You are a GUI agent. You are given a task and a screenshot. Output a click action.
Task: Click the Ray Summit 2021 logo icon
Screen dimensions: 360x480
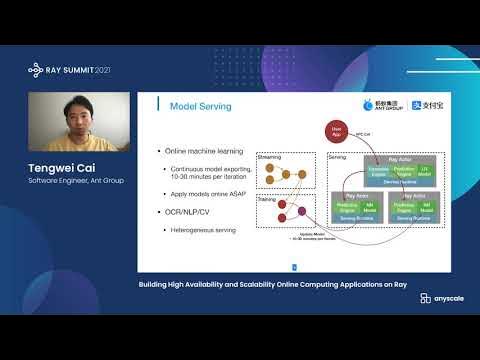36,69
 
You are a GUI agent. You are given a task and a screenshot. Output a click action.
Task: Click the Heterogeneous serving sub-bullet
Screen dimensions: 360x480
203,229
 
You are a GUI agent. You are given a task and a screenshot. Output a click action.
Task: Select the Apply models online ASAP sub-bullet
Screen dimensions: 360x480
208,194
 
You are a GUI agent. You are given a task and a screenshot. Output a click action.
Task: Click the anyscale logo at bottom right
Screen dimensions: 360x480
440,299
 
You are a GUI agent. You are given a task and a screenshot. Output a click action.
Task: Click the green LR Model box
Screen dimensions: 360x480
421,172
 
